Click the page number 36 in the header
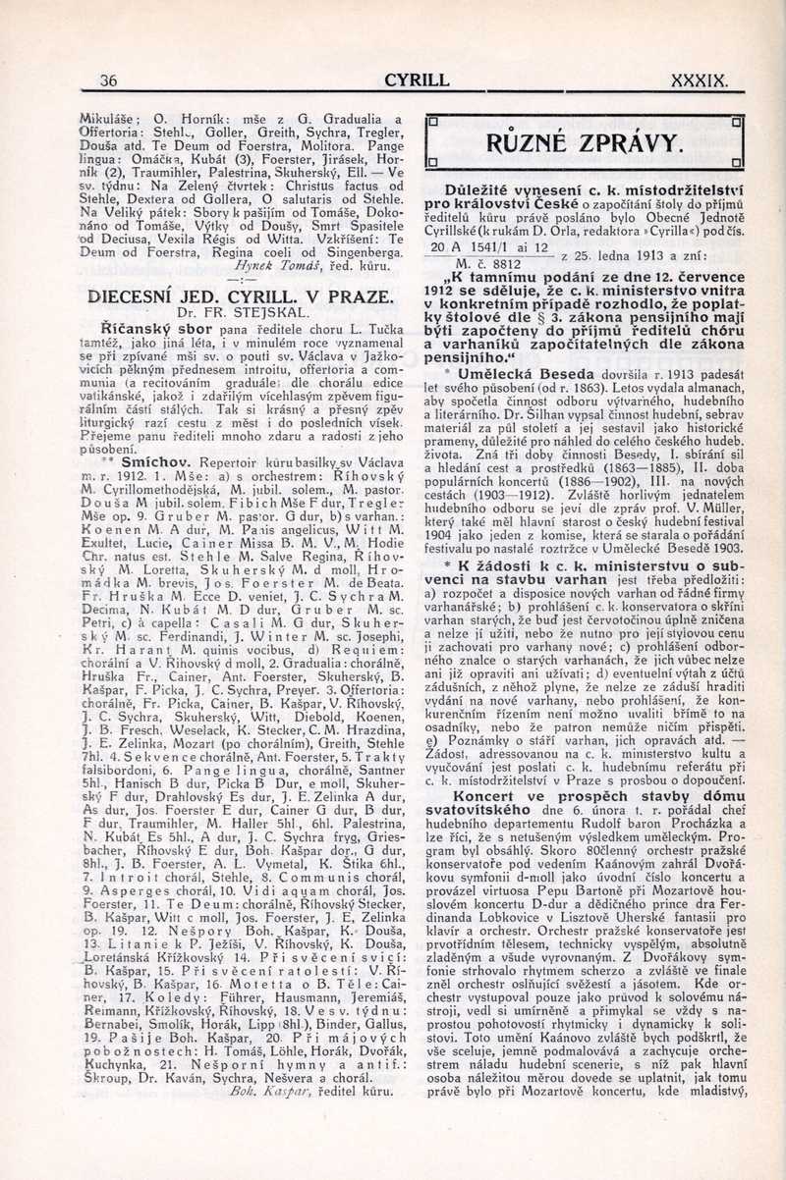(109, 81)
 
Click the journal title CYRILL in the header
(417, 80)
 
